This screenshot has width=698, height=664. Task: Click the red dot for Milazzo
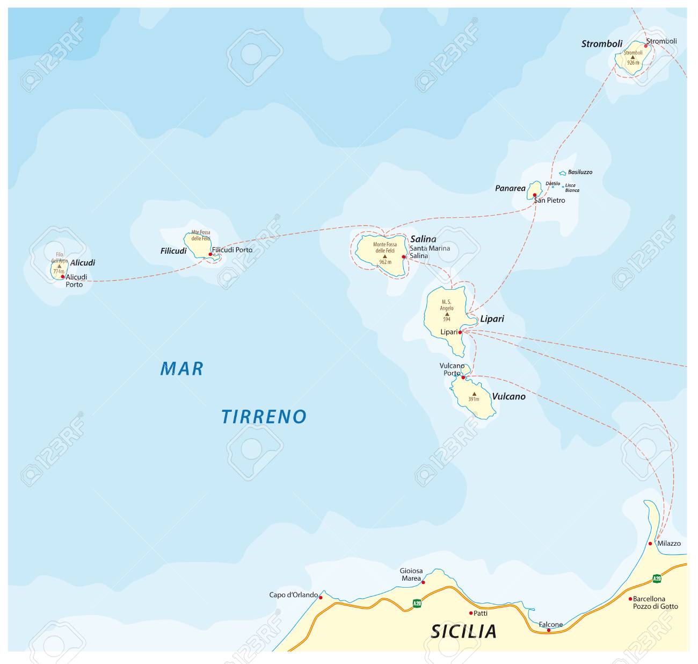650,544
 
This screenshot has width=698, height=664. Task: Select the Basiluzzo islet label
580,172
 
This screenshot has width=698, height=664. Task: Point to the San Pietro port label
549,201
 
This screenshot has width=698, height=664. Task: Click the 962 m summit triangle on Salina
385,256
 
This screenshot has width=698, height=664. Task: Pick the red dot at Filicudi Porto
210,254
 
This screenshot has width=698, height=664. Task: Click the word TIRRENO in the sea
264,416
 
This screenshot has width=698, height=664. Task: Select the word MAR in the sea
182,369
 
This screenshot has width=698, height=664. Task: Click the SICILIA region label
463,631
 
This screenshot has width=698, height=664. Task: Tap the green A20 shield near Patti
417,603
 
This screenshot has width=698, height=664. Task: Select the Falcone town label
551,624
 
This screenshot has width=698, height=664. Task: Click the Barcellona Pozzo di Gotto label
655,602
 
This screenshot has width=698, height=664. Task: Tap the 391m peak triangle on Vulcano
474,394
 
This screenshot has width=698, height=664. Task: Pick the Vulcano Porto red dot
463,377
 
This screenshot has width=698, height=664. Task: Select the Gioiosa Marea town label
410,575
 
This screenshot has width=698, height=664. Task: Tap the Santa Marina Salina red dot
403,257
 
